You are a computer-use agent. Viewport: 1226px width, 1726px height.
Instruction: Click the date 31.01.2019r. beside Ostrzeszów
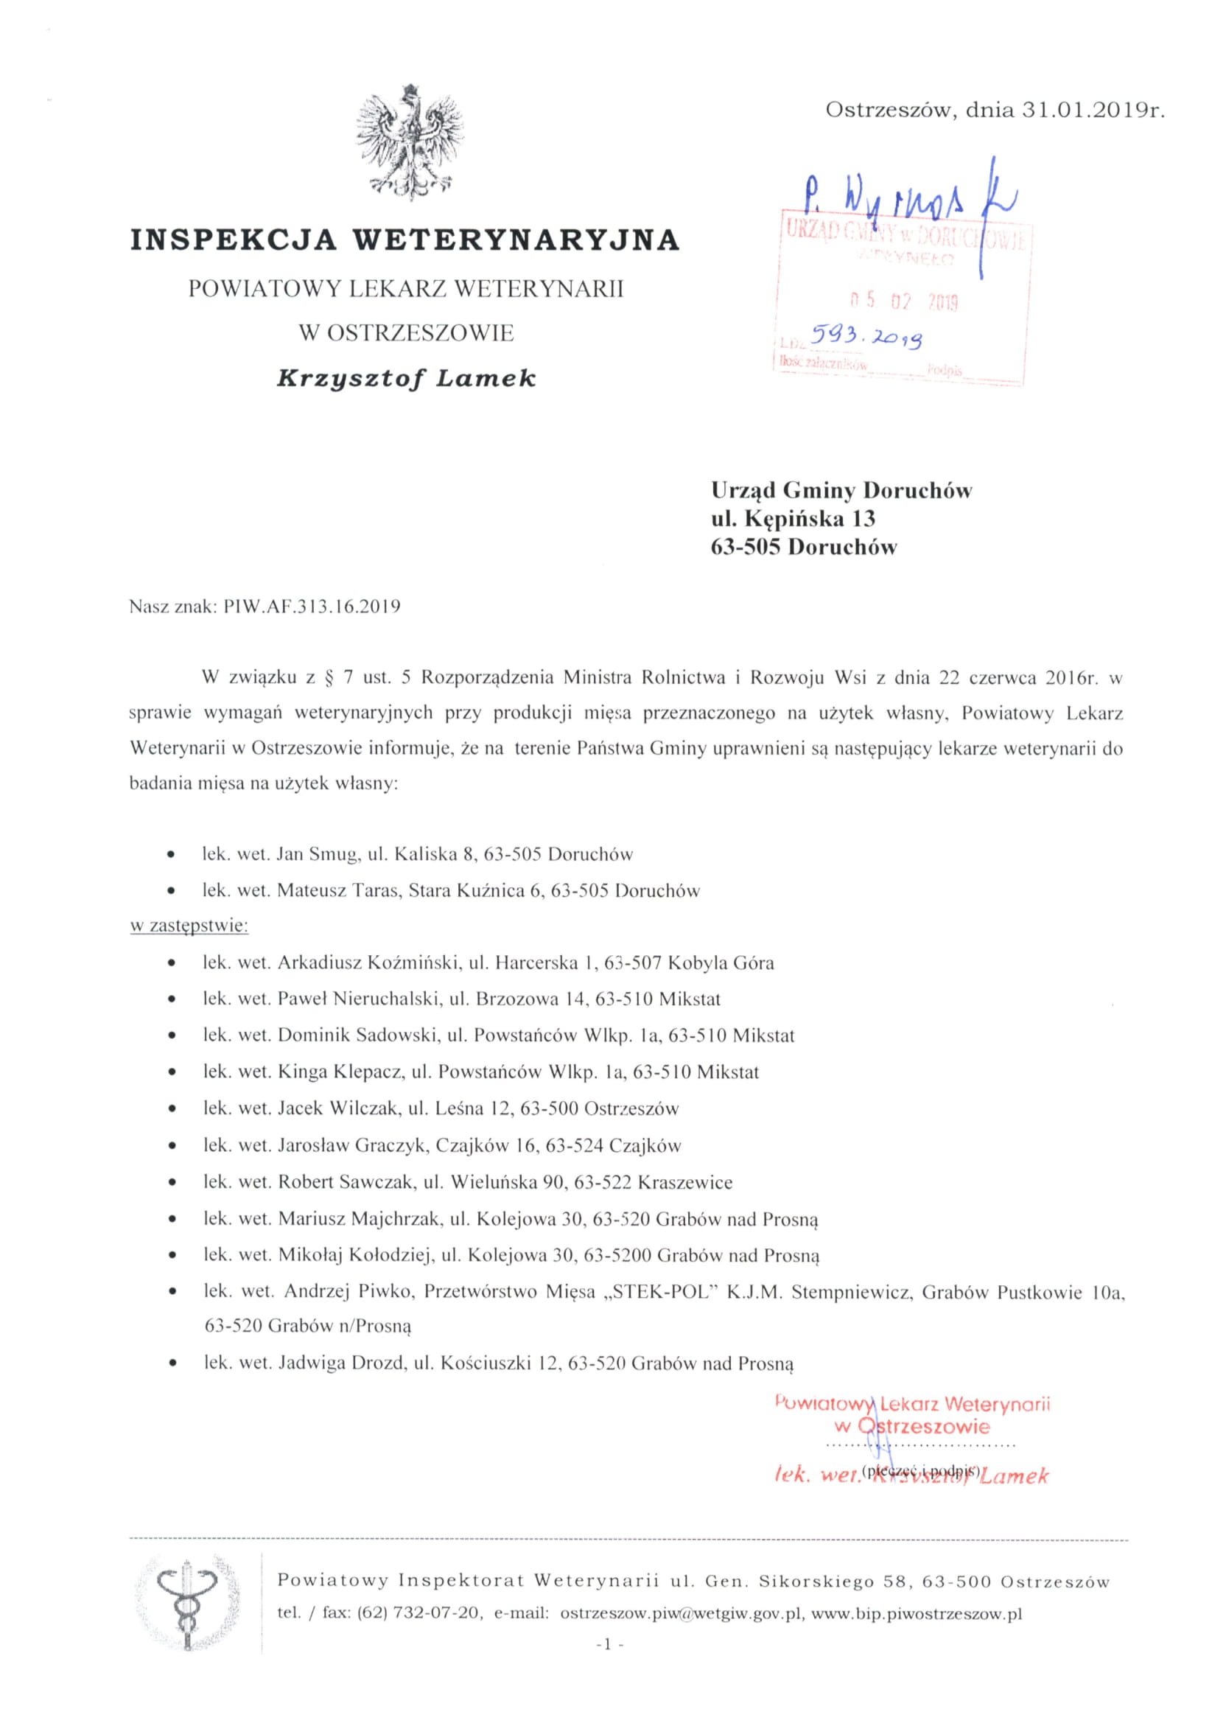pyautogui.click(x=1094, y=111)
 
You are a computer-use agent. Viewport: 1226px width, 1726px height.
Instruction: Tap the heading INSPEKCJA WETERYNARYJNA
pyautogui.click(x=405, y=240)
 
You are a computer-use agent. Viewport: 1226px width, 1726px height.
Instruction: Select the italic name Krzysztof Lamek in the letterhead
pyautogui.click(x=406, y=377)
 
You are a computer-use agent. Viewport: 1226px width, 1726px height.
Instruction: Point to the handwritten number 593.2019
pyautogui.click(x=866, y=337)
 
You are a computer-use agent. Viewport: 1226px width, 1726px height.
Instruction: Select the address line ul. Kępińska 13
pyautogui.click(x=793, y=519)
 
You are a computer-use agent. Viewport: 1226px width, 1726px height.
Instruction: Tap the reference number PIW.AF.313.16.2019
pyautogui.click(x=312, y=607)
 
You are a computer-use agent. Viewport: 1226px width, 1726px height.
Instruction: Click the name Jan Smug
pyautogui.click(x=317, y=854)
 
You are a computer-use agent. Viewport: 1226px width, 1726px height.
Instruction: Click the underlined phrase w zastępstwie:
pyautogui.click(x=189, y=926)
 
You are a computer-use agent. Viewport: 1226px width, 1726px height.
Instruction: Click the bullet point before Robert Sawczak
pyautogui.click(x=174, y=1182)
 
